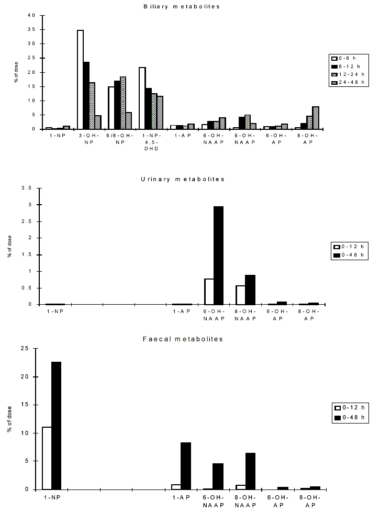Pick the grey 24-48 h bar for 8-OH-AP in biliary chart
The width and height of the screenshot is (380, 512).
coord(315,118)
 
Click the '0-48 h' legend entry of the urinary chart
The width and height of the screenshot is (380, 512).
coord(351,255)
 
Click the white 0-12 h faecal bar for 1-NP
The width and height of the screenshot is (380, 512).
coord(47,458)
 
